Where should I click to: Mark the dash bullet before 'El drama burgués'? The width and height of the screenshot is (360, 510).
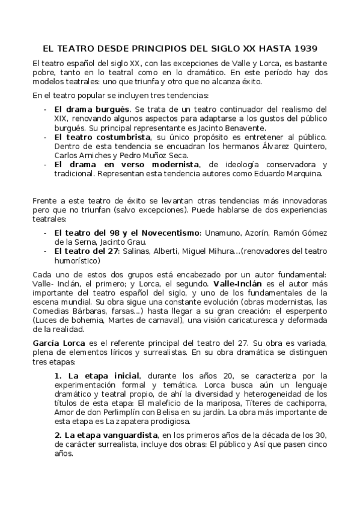tap(46, 109)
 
